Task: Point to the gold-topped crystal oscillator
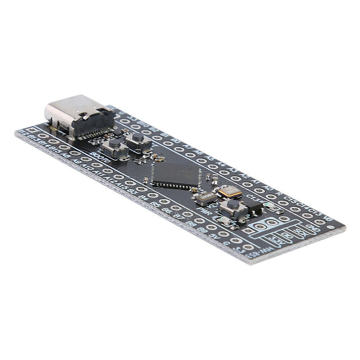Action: point(230,192)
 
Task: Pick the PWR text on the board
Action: point(205,211)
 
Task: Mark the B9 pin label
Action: point(202,229)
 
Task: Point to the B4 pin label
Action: point(144,197)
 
